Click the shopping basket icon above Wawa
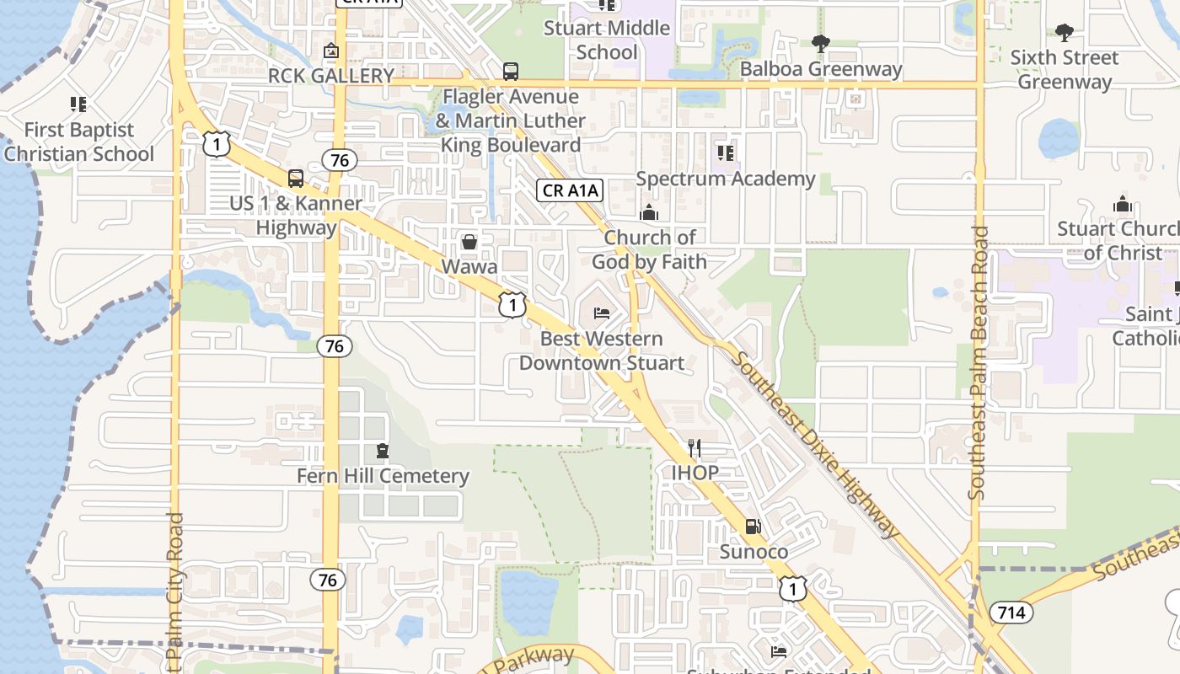point(469,243)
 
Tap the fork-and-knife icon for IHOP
point(695,447)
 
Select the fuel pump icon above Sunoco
point(753,527)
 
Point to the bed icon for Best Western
point(602,313)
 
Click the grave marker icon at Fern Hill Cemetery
point(383,452)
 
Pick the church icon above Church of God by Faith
point(648,213)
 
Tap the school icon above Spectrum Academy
point(725,153)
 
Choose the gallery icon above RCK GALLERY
point(331,51)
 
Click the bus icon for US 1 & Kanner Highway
point(296,179)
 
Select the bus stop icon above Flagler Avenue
point(511,72)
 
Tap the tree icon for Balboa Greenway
point(820,44)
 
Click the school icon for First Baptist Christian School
point(78,105)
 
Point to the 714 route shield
point(1011,612)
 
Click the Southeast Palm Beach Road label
point(978,362)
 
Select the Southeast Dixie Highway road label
point(814,444)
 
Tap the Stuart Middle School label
point(607,40)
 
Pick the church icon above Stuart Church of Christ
point(1122,205)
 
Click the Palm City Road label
point(175,590)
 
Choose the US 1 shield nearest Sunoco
point(792,589)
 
